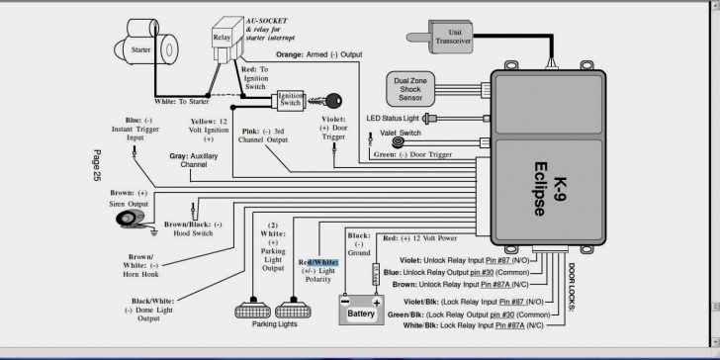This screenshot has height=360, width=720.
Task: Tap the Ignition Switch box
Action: pos(291,101)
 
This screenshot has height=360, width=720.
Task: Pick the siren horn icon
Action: pos(130,217)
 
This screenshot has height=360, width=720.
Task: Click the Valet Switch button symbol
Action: pos(398,142)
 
